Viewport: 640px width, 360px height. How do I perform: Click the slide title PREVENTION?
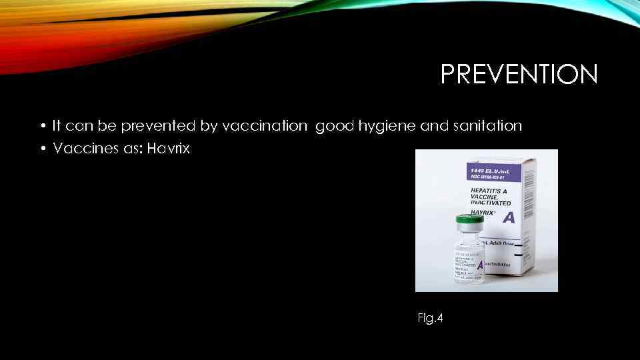click(x=519, y=74)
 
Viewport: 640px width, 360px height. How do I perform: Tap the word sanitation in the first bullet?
click(x=485, y=125)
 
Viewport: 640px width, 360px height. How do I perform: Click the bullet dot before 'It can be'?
click(x=42, y=125)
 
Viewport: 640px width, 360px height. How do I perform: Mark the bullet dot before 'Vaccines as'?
click(x=42, y=149)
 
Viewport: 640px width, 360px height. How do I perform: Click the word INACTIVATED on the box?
click(x=494, y=203)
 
